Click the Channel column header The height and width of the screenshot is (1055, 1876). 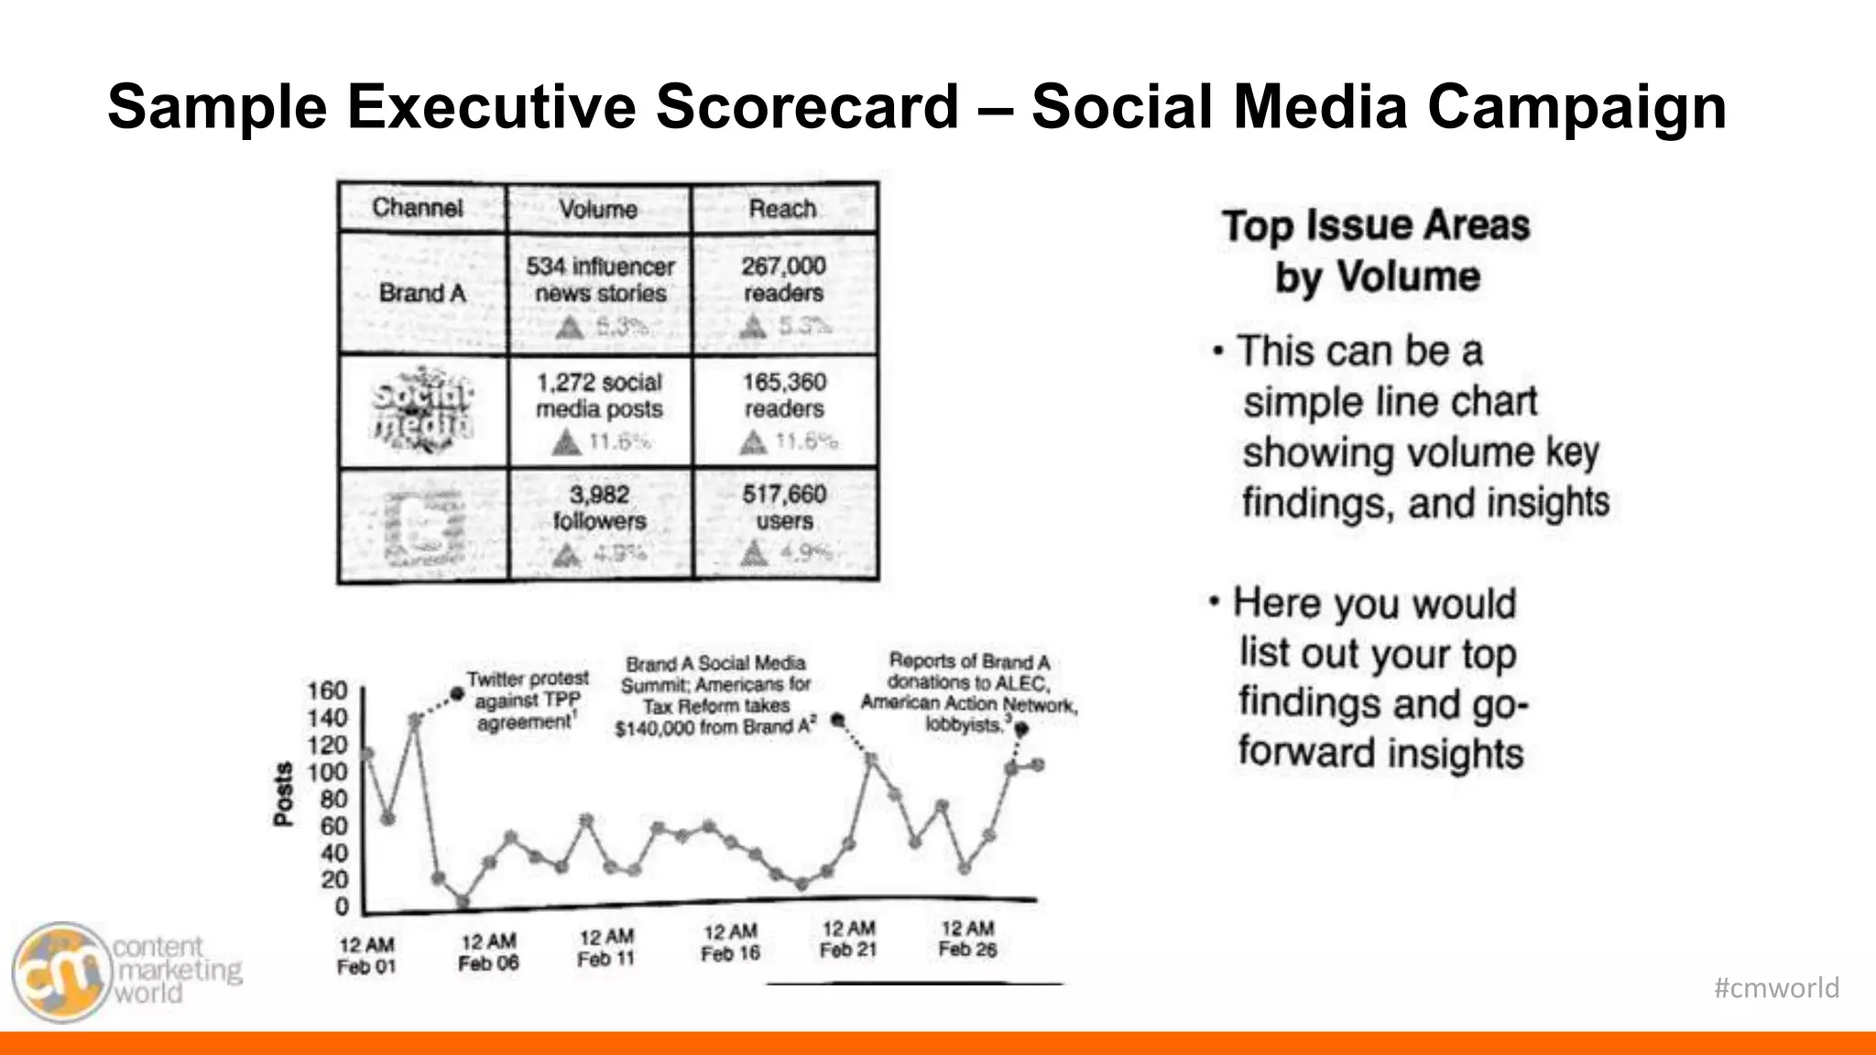click(x=418, y=208)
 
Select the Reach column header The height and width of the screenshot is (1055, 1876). click(x=782, y=209)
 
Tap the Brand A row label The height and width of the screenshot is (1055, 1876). click(x=422, y=293)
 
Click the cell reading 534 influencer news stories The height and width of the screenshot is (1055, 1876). click(x=600, y=280)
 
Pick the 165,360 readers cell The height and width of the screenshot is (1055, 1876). click(x=784, y=396)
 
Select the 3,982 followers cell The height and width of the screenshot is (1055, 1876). click(x=600, y=508)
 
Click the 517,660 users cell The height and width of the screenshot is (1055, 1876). click(x=784, y=508)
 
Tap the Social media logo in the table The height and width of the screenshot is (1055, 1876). click(x=423, y=410)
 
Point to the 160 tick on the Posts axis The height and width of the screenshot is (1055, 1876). click(x=327, y=690)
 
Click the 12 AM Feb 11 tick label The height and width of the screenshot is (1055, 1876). click(x=605, y=948)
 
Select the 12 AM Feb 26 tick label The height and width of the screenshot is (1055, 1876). click(x=967, y=940)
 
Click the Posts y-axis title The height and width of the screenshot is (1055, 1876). click(x=284, y=794)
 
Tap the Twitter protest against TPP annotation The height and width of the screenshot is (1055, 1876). click(x=527, y=701)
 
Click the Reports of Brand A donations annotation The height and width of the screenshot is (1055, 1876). click(x=968, y=693)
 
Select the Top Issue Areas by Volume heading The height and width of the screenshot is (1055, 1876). click(x=1376, y=250)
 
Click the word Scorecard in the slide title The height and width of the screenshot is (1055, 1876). click(x=806, y=106)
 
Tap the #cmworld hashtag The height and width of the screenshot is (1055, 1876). click(x=1776, y=988)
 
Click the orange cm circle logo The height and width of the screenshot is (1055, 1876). click(x=60, y=972)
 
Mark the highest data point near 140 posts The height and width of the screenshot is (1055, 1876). click(x=415, y=721)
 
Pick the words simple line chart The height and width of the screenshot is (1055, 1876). click(x=1389, y=402)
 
